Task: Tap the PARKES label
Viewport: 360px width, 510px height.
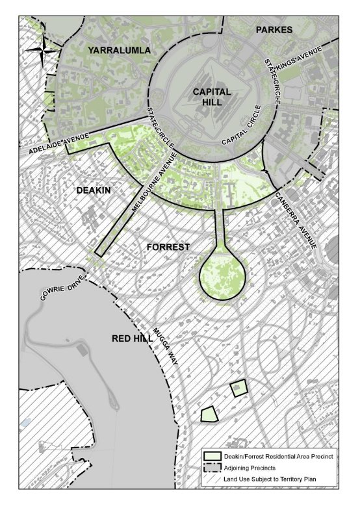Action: (x=274, y=30)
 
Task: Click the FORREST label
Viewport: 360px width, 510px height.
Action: (x=168, y=247)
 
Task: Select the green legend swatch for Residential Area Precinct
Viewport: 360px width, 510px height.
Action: (x=212, y=457)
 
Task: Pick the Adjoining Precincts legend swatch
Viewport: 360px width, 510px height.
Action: (x=212, y=468)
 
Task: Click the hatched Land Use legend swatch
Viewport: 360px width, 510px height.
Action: (x=212, y=479)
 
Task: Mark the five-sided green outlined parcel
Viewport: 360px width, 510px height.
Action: (x=209, y=414)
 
